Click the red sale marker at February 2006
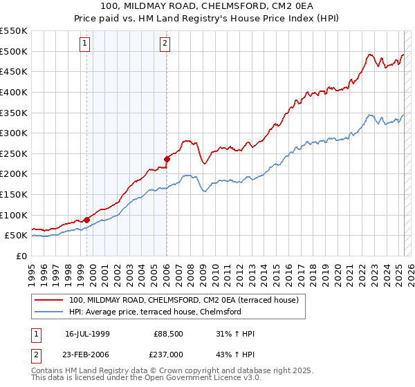point(167,159)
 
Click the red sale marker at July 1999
point(86,220)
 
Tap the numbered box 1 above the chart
point(84,44)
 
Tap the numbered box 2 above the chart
point(165,44)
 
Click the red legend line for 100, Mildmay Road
point(49,300)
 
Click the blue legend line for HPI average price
point(49,312)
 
